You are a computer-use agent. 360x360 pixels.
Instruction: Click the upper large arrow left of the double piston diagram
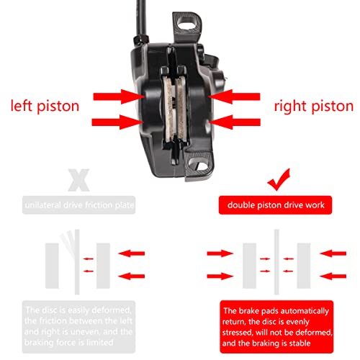click(x=220, y=253)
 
